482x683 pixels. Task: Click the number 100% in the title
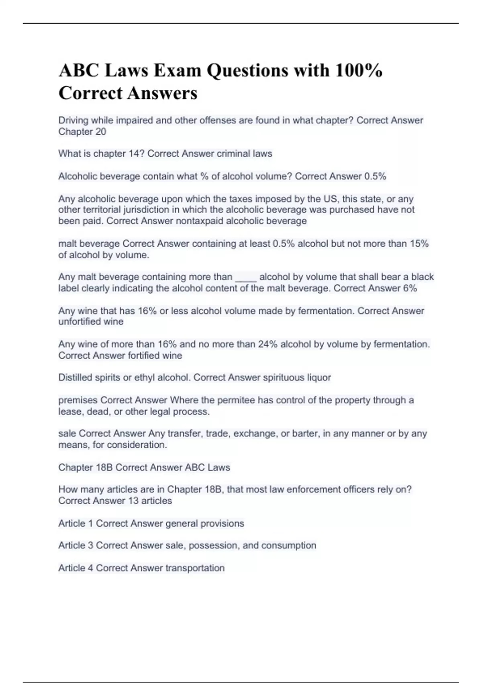click(359, 70)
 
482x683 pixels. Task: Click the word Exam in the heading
click(177, 70)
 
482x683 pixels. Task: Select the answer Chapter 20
click(82, 132)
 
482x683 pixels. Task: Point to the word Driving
click(73, 121)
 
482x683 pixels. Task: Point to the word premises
click(78, 401)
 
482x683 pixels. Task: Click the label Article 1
click(76, 523)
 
